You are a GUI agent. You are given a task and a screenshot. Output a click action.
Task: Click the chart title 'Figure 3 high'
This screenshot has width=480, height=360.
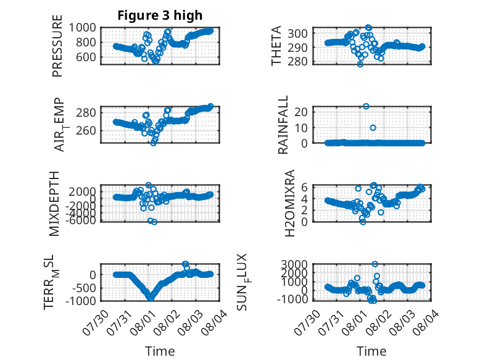pyautogui.click(x=160, y=15)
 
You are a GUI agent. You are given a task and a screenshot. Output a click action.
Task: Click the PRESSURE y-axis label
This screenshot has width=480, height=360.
pyautogui.click(x=57, y=46)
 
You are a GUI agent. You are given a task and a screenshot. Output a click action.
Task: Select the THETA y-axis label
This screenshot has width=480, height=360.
pyautogui.click(x=276, y=46)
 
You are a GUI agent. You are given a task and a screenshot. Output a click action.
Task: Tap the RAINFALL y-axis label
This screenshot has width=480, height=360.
pyautogui.click(x=283, y=124)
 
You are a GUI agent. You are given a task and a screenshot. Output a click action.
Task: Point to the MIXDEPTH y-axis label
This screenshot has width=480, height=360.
pyautogui.click(x=54, y=203)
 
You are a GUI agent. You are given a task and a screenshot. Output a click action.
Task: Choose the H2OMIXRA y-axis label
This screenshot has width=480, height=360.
pyautogui.click(x=289, y=203)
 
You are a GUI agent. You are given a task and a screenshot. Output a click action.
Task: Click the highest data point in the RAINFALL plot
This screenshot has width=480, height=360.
pyautogui.click(x=366, y=106)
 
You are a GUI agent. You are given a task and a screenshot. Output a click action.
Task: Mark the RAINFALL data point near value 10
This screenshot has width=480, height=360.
pyautogui.click(x=373, y=128)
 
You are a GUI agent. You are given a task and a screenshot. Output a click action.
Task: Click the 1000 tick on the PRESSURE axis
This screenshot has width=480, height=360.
pyautogui.click(x=82, y=28)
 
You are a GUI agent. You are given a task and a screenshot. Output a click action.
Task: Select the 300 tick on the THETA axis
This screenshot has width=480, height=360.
pyautogui.click(x=297, y=33)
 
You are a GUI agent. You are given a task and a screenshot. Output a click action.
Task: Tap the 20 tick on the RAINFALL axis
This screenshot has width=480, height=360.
pyautogui.click(x=301, y=112)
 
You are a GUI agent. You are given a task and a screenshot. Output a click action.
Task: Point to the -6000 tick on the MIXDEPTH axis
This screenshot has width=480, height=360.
pyautogui.click(x=80, y=220)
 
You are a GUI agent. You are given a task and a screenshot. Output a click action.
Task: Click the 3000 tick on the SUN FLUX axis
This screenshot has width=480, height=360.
pyautogui.click(x=294, y=264)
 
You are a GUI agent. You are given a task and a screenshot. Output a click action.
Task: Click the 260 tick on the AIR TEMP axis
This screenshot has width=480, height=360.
pyautogui.click(x=86, y=130)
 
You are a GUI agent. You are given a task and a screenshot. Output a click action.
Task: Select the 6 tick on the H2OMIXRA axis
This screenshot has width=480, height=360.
pyautogui.click(x=304, y=187)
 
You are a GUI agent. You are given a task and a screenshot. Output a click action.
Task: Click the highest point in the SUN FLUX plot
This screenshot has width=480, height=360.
pyautogui.click(x=374, y=264)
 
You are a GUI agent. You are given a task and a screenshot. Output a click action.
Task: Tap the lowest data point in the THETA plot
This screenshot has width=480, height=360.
pyautogui.click(x=360, y=64)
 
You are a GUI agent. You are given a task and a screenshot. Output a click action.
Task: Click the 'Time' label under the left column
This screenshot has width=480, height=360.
pyautogui.click(x=160, y=351)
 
